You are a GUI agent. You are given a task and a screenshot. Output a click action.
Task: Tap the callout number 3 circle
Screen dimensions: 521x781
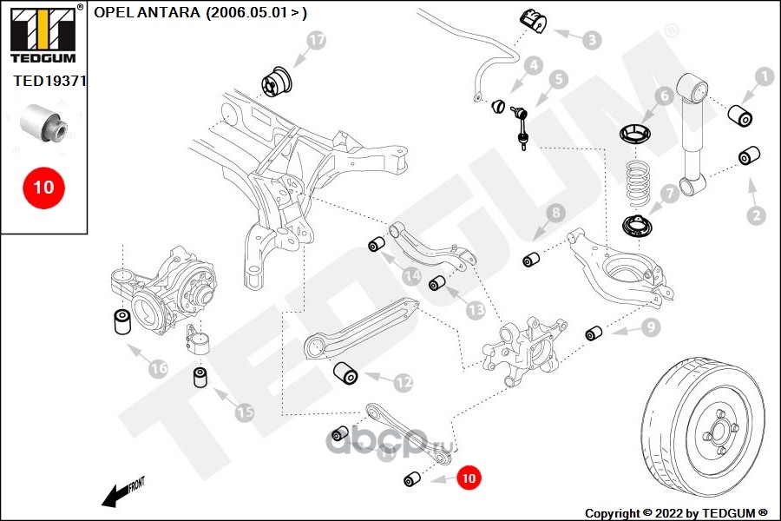pos(591,39)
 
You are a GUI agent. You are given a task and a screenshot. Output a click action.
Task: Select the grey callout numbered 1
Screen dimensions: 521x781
pos(764,77)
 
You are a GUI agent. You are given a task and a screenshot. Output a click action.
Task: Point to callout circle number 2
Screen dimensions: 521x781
pos(756,214)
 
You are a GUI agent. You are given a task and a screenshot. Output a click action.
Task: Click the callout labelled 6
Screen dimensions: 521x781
pos(663,96)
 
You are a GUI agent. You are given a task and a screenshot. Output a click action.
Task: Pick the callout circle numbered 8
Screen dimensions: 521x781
pos(555,213)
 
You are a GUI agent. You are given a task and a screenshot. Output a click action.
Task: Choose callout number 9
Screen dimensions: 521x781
pos(650,327)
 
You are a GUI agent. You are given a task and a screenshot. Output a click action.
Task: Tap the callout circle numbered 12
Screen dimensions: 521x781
pos(403,381)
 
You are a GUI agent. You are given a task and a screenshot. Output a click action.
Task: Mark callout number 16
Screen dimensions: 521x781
pos(157,369)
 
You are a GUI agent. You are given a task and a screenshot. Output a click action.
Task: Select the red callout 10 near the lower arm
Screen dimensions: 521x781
pos(468,477)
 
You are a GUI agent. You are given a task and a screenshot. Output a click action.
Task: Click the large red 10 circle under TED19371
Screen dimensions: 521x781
pos(43,187)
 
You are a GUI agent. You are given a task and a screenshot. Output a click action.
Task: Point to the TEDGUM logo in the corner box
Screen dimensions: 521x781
pos(43,35)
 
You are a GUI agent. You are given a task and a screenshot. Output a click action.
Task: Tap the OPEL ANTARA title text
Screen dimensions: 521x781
pos(200,12)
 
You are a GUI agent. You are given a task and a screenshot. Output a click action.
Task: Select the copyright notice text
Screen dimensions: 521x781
pos(676,512)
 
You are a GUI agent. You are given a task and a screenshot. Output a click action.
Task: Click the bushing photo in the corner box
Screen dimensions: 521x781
pos(43,124)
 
